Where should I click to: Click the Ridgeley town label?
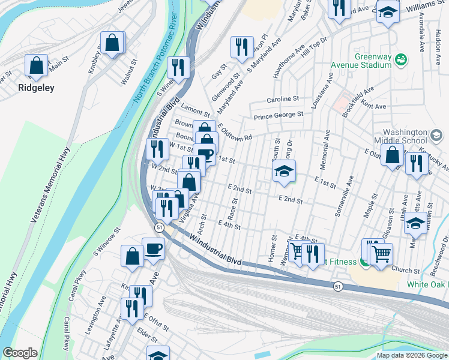(x=36, y=88)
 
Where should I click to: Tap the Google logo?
(x=20, y=352)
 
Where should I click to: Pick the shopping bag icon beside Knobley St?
(x=112, y=43)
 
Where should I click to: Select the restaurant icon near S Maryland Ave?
(x=242, y=47)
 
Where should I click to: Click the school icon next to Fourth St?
(x=284, y=170)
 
